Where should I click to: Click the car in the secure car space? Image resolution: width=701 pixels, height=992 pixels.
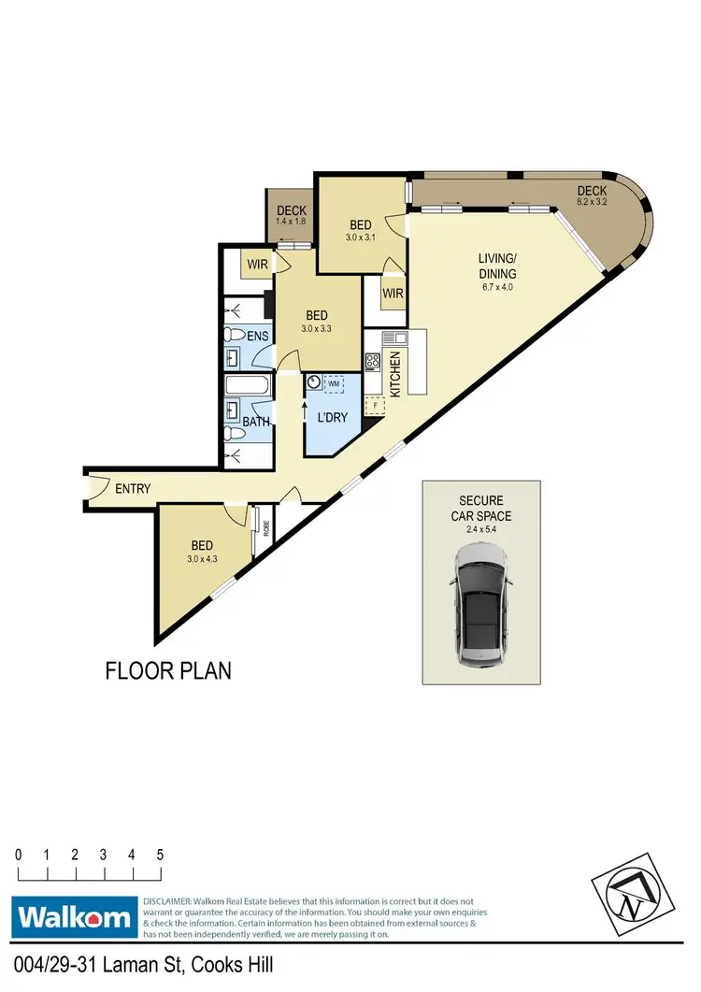(480, 607)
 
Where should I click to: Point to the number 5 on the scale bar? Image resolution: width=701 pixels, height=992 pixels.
(161, 855)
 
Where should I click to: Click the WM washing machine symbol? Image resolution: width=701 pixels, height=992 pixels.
(334, 384)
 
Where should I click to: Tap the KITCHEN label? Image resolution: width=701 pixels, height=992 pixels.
(395, 374)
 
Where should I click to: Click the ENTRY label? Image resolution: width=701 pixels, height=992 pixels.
(134, 488)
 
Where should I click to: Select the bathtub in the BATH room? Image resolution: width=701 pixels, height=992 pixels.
(249, 385)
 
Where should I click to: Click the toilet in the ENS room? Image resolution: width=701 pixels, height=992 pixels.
(236, 334)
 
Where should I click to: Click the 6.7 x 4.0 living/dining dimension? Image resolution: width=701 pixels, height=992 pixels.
(497, 287)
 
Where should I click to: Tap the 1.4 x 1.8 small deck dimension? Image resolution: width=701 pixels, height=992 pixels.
(292, 222)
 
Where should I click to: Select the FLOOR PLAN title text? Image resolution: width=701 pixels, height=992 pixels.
(167, 670)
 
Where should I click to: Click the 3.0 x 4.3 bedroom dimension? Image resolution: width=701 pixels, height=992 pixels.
(202, 559)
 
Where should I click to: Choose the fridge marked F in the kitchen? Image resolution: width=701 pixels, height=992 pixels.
(377, 405)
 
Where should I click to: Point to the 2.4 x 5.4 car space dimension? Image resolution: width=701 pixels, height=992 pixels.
(479, 528)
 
